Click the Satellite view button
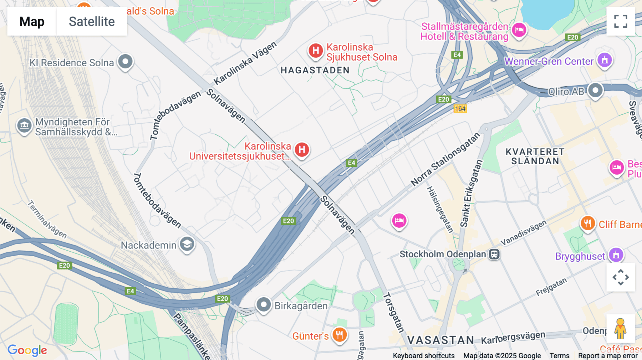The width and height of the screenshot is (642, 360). [x=92, y=21]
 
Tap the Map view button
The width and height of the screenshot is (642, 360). [x=32, y=21]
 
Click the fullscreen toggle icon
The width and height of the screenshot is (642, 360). [x=621, y=21]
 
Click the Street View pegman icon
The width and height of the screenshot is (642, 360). [x=621, y=329]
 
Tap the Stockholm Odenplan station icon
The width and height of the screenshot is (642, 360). [x=494, y=254]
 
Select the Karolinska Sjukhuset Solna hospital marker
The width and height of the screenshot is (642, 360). [x=316, y=51]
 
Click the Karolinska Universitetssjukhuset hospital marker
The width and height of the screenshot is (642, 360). [x=302, y=150]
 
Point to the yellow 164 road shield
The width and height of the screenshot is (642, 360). [x=460, y=109]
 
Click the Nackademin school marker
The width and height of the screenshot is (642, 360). [x=187, y=244]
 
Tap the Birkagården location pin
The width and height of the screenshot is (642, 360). [x=264, y=305]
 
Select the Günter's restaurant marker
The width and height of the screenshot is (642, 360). [x=340, y=335]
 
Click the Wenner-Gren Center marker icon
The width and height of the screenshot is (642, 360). [x=605, y=60]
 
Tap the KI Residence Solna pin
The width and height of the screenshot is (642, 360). [x=125, y=62]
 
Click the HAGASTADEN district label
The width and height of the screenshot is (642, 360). [x=315, y=70]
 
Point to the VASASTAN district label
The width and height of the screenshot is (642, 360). [x=440, y=340]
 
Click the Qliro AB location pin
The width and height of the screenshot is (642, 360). [x=595, y=91]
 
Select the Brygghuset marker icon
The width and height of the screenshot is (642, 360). [x=616, y=255]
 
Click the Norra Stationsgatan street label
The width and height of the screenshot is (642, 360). [x=445, y=160]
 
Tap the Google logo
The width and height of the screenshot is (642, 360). [x=27, y=350]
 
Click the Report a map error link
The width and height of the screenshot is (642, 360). [x=608, y=356]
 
